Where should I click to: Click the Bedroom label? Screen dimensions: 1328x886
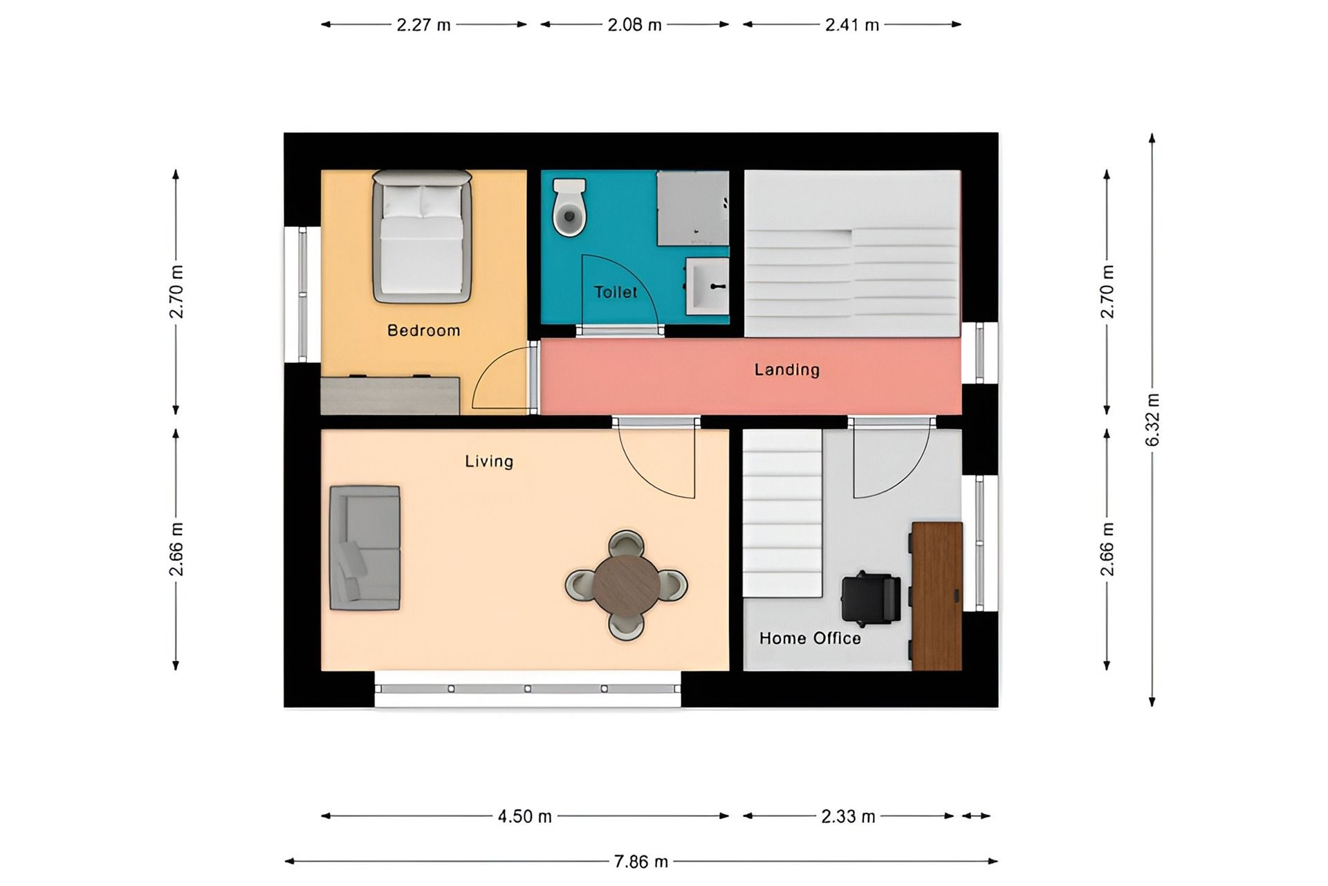point(423,331)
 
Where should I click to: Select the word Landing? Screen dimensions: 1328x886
point(787,370)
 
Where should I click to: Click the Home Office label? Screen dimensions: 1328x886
point(810,638)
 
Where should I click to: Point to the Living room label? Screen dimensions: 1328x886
point(489,461)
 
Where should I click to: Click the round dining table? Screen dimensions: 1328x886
point(626,585)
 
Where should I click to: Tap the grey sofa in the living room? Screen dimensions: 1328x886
point(365,548)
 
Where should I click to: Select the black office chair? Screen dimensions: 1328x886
point(871,597)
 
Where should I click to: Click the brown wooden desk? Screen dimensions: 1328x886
point(937,596)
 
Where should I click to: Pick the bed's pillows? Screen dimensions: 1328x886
point(422,201)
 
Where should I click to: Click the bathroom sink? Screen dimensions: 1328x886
point(707,286)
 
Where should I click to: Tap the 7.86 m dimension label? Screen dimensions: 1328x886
point(641,862)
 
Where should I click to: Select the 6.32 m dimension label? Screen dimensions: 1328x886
point(1152,420)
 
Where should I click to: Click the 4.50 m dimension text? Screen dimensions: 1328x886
point(525,817)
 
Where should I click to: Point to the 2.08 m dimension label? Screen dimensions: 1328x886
point(635,26)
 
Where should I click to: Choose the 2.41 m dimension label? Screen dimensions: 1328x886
point(852,26)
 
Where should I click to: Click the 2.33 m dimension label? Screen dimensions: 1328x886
point(849,817)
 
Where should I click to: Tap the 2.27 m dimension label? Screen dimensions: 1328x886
point(423,26)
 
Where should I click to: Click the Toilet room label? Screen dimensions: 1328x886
point(616,292)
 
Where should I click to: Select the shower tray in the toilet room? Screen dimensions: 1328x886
point(692,208)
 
